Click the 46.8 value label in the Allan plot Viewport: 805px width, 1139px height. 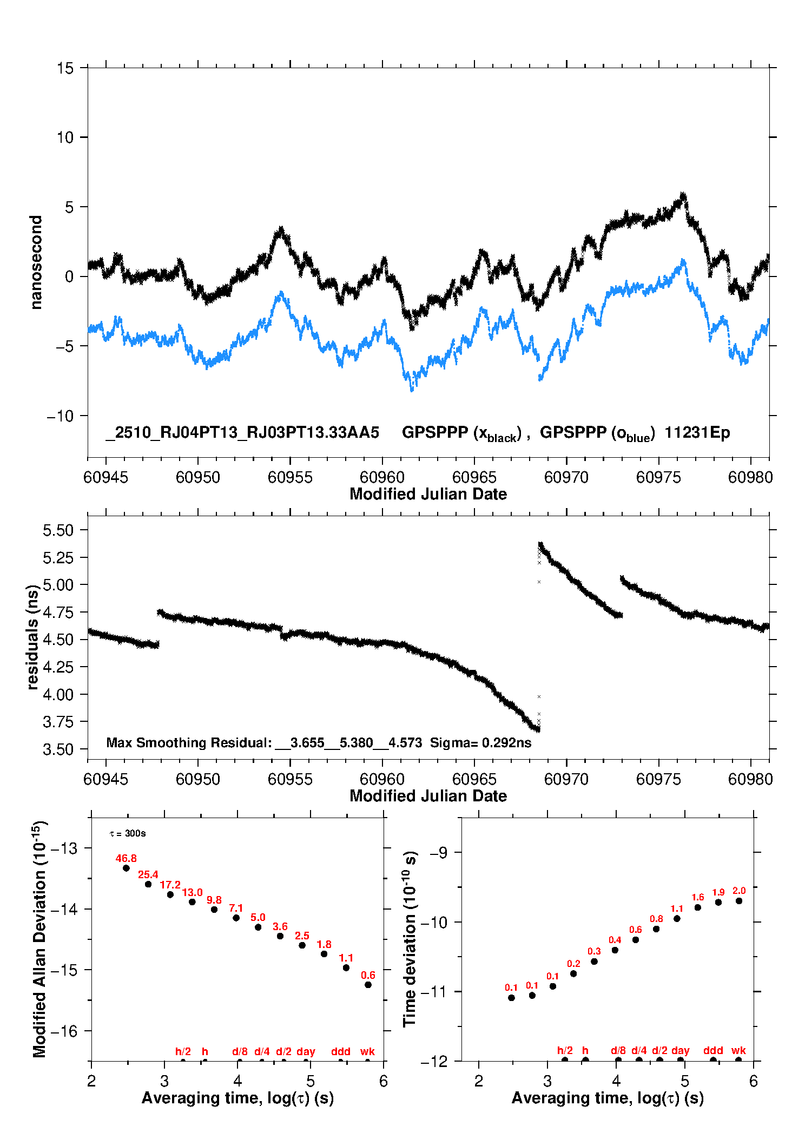(126, 859)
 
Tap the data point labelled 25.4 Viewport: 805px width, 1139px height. (148, 884)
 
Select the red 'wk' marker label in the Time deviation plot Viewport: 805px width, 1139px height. (738, 1050)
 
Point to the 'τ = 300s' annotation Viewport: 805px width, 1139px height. (128, 833)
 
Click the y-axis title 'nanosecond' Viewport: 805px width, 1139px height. (36, 262)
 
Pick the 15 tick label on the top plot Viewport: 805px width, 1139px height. (65, 69)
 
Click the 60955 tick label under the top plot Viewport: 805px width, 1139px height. (290, 477)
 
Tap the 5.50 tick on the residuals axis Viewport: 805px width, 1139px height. (58, 530)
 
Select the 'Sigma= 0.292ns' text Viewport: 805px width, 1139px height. (480, 742)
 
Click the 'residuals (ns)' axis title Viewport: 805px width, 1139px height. (33, 637)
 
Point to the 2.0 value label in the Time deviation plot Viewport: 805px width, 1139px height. (739, 891)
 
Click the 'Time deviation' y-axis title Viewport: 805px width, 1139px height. (410, 939)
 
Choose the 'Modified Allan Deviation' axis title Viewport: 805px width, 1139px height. (39, 939)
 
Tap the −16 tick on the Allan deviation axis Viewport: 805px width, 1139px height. (64, 1031)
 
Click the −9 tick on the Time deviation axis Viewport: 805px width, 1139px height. (439, 853)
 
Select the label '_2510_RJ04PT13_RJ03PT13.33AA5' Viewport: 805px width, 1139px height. (242, 432)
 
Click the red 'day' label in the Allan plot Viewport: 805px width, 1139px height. (306, 1051)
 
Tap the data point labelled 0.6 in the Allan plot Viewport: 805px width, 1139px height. (368, 985)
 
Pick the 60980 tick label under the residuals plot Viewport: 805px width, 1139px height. (750, 779)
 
